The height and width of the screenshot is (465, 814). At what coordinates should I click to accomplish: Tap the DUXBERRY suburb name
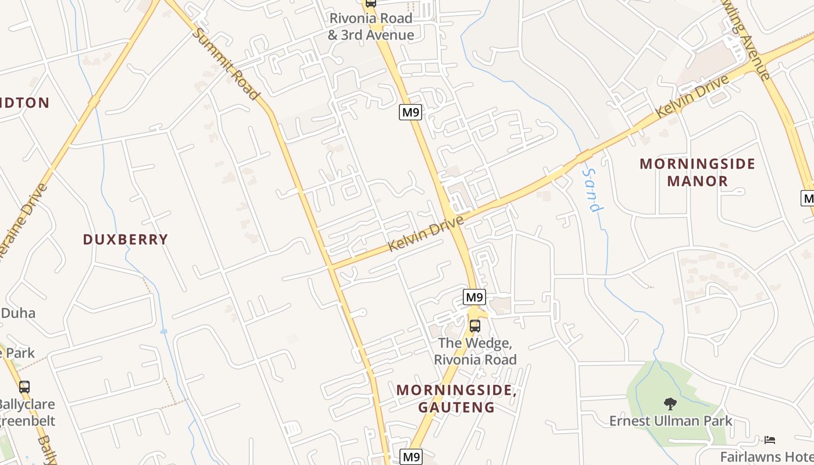[x=126, y=239]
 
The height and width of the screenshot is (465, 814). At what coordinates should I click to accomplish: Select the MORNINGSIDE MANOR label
[x=697, y=172]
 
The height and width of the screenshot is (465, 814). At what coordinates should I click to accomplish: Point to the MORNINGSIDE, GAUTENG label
[x=456, y=398]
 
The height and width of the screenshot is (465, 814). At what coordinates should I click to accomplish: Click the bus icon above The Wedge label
[x=475, y=326]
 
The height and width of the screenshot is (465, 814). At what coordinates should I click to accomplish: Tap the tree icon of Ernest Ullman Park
[x=670, y=403]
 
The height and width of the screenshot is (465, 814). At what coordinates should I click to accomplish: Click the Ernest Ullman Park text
[x=670, y=420]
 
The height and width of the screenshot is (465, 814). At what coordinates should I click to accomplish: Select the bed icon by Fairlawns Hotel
[x=770, y=439]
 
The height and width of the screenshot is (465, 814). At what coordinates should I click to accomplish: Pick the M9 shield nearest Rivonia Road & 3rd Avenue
[x=410, y=112]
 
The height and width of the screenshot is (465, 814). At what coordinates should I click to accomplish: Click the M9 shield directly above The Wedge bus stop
[x=474, y=298]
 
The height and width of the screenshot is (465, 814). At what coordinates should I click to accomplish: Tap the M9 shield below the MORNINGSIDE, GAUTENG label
[x=412, y=457]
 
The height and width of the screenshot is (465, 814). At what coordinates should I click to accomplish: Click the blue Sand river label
[x=592, y=191]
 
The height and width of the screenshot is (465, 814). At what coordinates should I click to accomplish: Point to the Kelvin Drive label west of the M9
[x=426, y=234]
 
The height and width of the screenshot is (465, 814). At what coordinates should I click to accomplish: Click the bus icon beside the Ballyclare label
[x=24, y=387]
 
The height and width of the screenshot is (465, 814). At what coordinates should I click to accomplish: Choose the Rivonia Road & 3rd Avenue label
[x=371, y=26]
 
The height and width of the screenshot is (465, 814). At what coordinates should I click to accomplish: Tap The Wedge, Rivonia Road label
[x=475, y=351]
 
